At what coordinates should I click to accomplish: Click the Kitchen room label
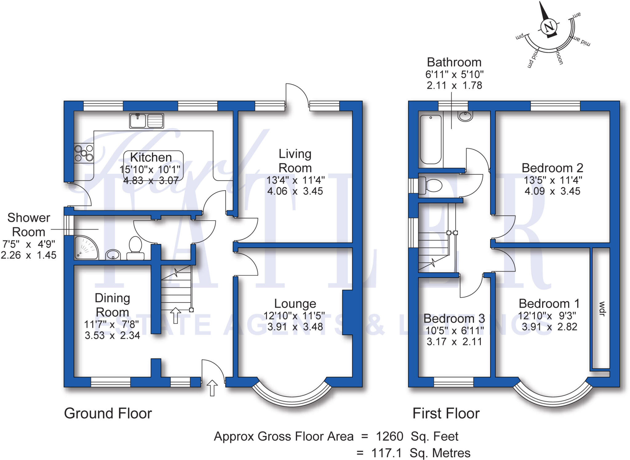click(151, 158)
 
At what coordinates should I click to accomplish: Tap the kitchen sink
click(146, 120)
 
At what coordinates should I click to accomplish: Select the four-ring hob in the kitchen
click(84, 153)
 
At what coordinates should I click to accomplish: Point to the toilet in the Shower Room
click(135, 248)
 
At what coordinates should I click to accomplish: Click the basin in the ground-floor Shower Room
click(113, 254)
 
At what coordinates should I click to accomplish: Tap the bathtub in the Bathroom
click(431, 139)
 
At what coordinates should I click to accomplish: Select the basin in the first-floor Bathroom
click(465, 116)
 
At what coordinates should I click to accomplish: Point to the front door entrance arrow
click(212, 388)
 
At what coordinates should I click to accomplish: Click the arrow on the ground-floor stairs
click(175, 315)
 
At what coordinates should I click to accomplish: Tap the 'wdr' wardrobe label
click(602, 309)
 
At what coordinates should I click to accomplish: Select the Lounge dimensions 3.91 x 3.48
click(295, 326)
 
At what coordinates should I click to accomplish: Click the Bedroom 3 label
click(454, 318)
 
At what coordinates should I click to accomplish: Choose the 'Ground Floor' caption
click(108, 413)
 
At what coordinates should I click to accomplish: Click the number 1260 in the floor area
click(389, 436)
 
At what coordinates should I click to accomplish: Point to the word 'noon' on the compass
click(560, 58)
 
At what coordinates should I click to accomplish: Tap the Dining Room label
click(112, 305)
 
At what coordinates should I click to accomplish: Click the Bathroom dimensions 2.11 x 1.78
click(454, 85)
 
